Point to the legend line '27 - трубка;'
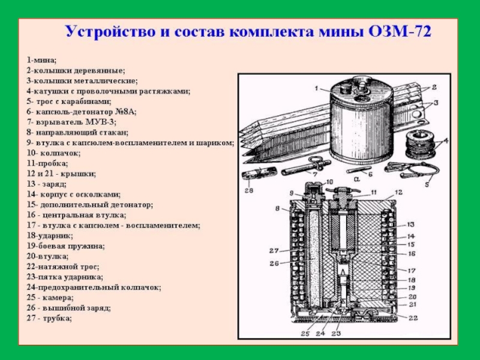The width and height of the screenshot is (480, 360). pos(49,318)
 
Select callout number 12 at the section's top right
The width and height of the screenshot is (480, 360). pos(398,193)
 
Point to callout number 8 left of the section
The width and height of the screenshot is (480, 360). pos(278,208)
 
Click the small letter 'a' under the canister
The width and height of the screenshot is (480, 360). pos(356,178)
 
